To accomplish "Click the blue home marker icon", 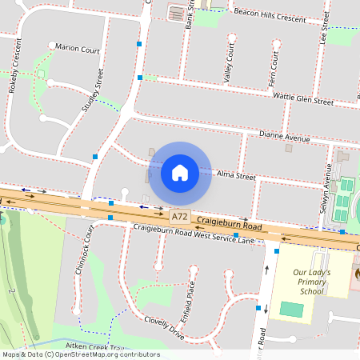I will (180, 172).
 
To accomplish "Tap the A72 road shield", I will (180, 216).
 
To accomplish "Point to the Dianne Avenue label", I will (284, 138).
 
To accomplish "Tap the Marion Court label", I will (78, 48).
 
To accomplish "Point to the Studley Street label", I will (93, 90).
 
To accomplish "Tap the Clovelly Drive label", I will (165, 326).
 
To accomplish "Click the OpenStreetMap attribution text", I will (81, 354).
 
